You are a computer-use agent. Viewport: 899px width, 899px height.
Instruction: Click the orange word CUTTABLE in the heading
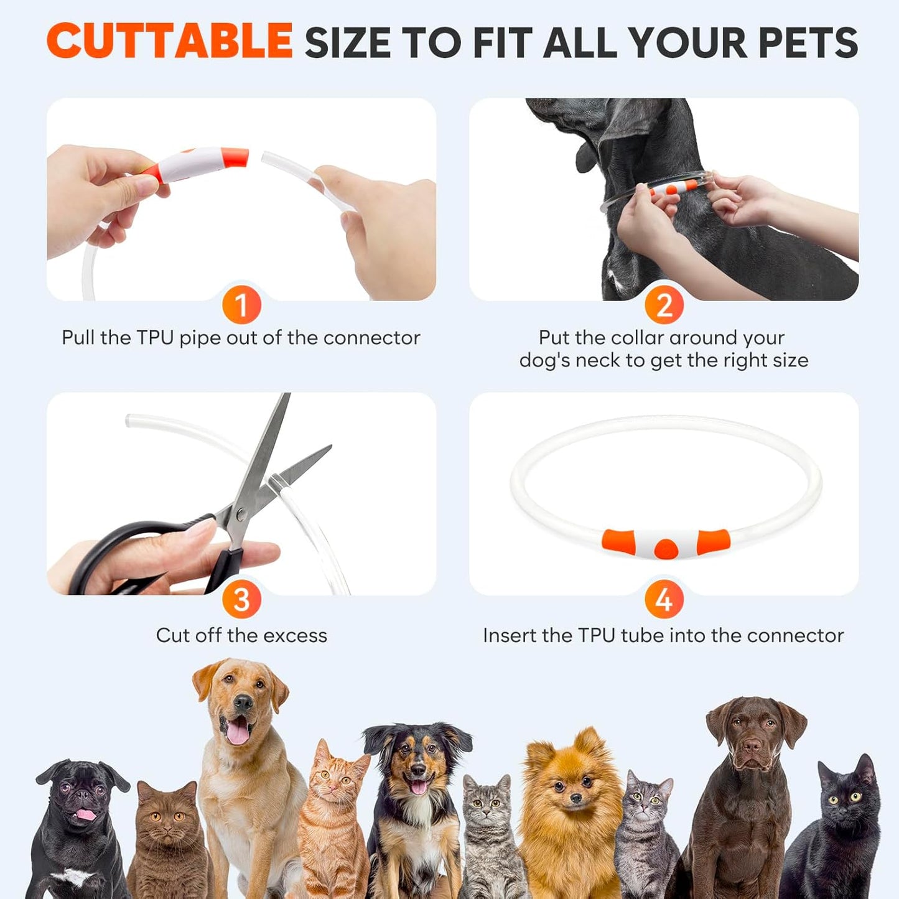(169, 41)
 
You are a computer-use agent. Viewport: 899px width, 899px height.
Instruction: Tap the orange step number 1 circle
(241, 305)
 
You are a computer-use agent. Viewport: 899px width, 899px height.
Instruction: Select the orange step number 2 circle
(664, 305)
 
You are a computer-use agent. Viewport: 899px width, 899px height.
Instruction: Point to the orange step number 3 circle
(241, 600)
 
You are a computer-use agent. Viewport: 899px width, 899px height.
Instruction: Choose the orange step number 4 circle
(664, 600)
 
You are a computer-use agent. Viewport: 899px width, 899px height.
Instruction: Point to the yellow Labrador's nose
(243, 704)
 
